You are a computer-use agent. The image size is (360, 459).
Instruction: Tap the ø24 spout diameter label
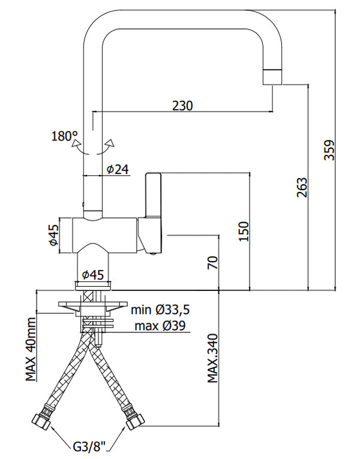118,169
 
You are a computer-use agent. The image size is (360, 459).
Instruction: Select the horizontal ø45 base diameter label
93,274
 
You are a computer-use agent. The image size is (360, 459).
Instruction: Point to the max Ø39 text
159,326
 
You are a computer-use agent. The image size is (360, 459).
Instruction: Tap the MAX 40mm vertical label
31,351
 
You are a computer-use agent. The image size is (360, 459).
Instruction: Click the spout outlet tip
272,77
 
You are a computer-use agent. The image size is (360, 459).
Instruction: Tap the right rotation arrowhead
109,143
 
